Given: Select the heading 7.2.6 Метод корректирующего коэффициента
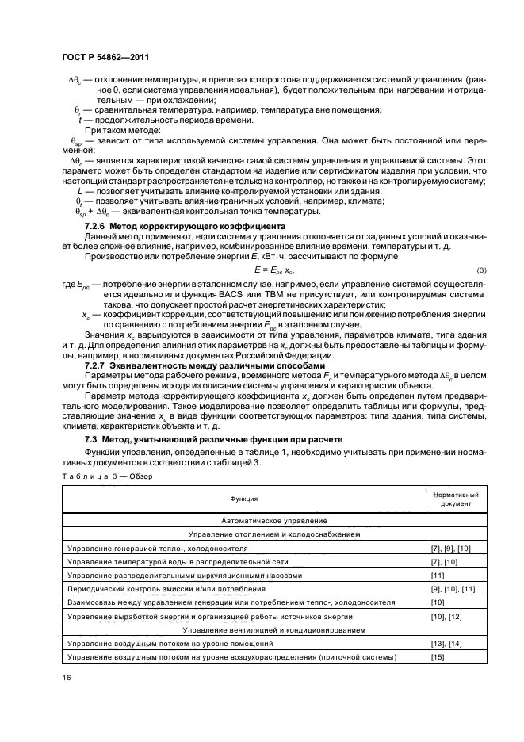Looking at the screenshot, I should [185, 226].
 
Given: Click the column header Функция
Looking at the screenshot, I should [244, 499].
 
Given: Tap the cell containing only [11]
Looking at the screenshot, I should [437, 575].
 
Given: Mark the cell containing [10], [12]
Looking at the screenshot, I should [444, 616].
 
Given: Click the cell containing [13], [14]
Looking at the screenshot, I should [444, 643].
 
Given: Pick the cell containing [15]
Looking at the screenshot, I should [437, 657].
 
